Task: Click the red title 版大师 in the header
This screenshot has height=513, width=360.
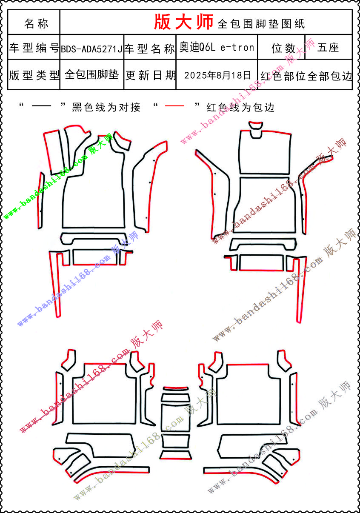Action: click(x=183, y=22)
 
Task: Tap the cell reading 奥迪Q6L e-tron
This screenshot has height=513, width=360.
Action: click(x=217, y=48)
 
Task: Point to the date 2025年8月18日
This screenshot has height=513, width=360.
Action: click(x=218, y=75)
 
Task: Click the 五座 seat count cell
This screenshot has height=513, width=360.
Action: click(x=328, y=48)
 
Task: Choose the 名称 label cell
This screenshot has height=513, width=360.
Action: click(x=36, y=23)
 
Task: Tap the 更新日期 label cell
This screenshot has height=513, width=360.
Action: click(x=150, y=75)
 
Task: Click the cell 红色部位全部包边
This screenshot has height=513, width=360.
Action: click(x=306, y=76)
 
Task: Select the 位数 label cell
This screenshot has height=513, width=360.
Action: click(x=283, y=48)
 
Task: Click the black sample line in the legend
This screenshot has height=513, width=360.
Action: click(x=41, y=106)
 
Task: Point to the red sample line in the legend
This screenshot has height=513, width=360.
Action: click(x=174, y=106)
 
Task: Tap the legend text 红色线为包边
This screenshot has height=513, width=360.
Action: click(x=240, y=107)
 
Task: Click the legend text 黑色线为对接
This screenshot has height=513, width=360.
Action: click(x=106, y=107)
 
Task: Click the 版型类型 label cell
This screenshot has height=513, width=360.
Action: click(x=34, y=75)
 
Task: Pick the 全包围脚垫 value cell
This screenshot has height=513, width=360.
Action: click(x=91, y=75)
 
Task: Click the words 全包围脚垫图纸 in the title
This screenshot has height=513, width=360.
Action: click(x=261, y=24)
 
